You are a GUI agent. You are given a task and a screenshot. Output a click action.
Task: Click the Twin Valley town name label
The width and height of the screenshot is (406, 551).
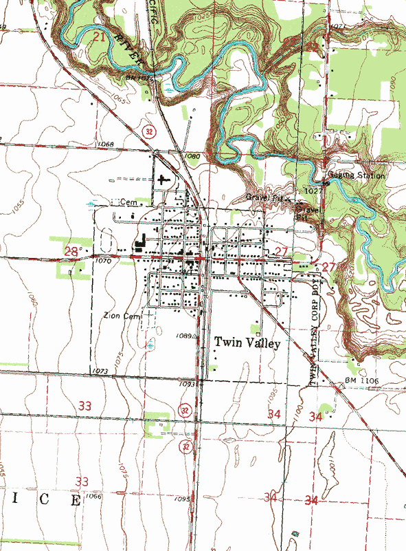(x=247, y=343)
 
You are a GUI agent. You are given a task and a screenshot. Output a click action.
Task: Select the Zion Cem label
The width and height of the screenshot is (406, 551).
(x=121, y=315)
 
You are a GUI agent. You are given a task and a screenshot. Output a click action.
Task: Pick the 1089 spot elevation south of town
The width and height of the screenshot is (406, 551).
(x=183, y=336)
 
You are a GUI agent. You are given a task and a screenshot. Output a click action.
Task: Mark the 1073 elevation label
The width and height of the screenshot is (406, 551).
(x=100, y=371)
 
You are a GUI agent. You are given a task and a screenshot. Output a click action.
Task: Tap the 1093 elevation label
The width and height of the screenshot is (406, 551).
(x=188, y=384)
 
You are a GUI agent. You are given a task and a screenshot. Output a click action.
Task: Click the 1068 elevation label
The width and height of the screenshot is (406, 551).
(x=105, y=144)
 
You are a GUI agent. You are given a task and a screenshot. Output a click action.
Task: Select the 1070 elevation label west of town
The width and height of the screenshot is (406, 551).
(x=104, y=261)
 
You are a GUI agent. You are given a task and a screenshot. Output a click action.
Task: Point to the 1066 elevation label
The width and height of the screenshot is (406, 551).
(x=94, y=496)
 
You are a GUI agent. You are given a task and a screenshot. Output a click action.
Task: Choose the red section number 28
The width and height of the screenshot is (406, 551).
(x=71, y=252)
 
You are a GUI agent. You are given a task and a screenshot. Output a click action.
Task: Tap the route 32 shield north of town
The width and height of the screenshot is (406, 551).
(x=148, y=130)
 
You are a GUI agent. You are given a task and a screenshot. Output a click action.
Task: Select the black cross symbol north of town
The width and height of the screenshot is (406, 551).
(x=162, y=180)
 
